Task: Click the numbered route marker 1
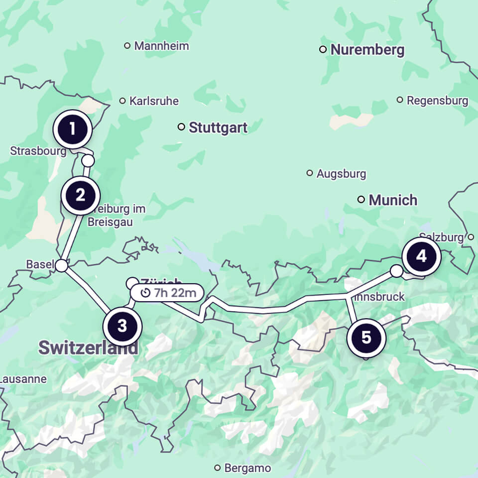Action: (x=72, y=129)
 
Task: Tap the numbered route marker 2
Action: (x=81, y=195)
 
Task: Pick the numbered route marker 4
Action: (x=421, y=257)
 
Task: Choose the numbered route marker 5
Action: (x=366, y=338)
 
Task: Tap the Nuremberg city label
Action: (x=367, y=50)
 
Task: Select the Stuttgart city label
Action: (x=218, y=127)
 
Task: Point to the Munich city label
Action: (x=392, y=200)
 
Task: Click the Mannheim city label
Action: (x=161, y=46)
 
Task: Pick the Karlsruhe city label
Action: (x=153, y=101)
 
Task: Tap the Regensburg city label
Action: (x=437, y=101)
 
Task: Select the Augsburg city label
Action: (x=341, y=174)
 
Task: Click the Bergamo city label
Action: (x=247, y=468)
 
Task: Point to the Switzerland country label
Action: (x=88, y=348)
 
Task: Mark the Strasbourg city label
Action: (x=38, y=150)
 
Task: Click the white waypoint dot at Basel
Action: (x=61, y=266)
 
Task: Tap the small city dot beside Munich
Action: (x=361, y=200)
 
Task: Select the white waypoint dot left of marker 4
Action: (x=396, y=271)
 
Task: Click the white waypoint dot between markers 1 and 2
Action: (x=88, y=161)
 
